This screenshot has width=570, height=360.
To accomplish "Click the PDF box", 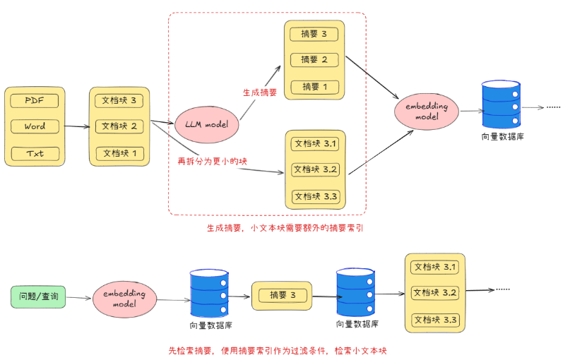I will pos(34,101).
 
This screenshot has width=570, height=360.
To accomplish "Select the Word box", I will pos(34,127).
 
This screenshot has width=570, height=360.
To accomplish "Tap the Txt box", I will pos(34,153).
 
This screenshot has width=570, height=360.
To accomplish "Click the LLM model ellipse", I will pos(206,124).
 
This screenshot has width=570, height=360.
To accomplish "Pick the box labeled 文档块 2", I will pos(119,126).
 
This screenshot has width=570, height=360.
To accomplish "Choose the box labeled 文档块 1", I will pos(119,152).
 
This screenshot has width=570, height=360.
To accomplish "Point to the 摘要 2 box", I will pos(314,60).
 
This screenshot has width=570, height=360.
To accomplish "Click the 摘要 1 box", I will pos(314,87).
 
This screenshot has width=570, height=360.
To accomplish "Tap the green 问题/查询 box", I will pos(39,297).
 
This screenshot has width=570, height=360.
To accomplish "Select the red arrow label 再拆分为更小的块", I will pos(213,162).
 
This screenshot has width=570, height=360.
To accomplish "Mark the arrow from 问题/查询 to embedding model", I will pos(80,297).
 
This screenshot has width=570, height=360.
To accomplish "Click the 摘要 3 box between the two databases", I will pos(282,295).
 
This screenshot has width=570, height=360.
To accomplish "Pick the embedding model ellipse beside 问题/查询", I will pos(124,298).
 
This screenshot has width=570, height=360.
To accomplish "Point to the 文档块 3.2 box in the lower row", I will pos(436,293).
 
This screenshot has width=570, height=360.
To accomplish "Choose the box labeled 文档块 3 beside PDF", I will pos(119,100).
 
